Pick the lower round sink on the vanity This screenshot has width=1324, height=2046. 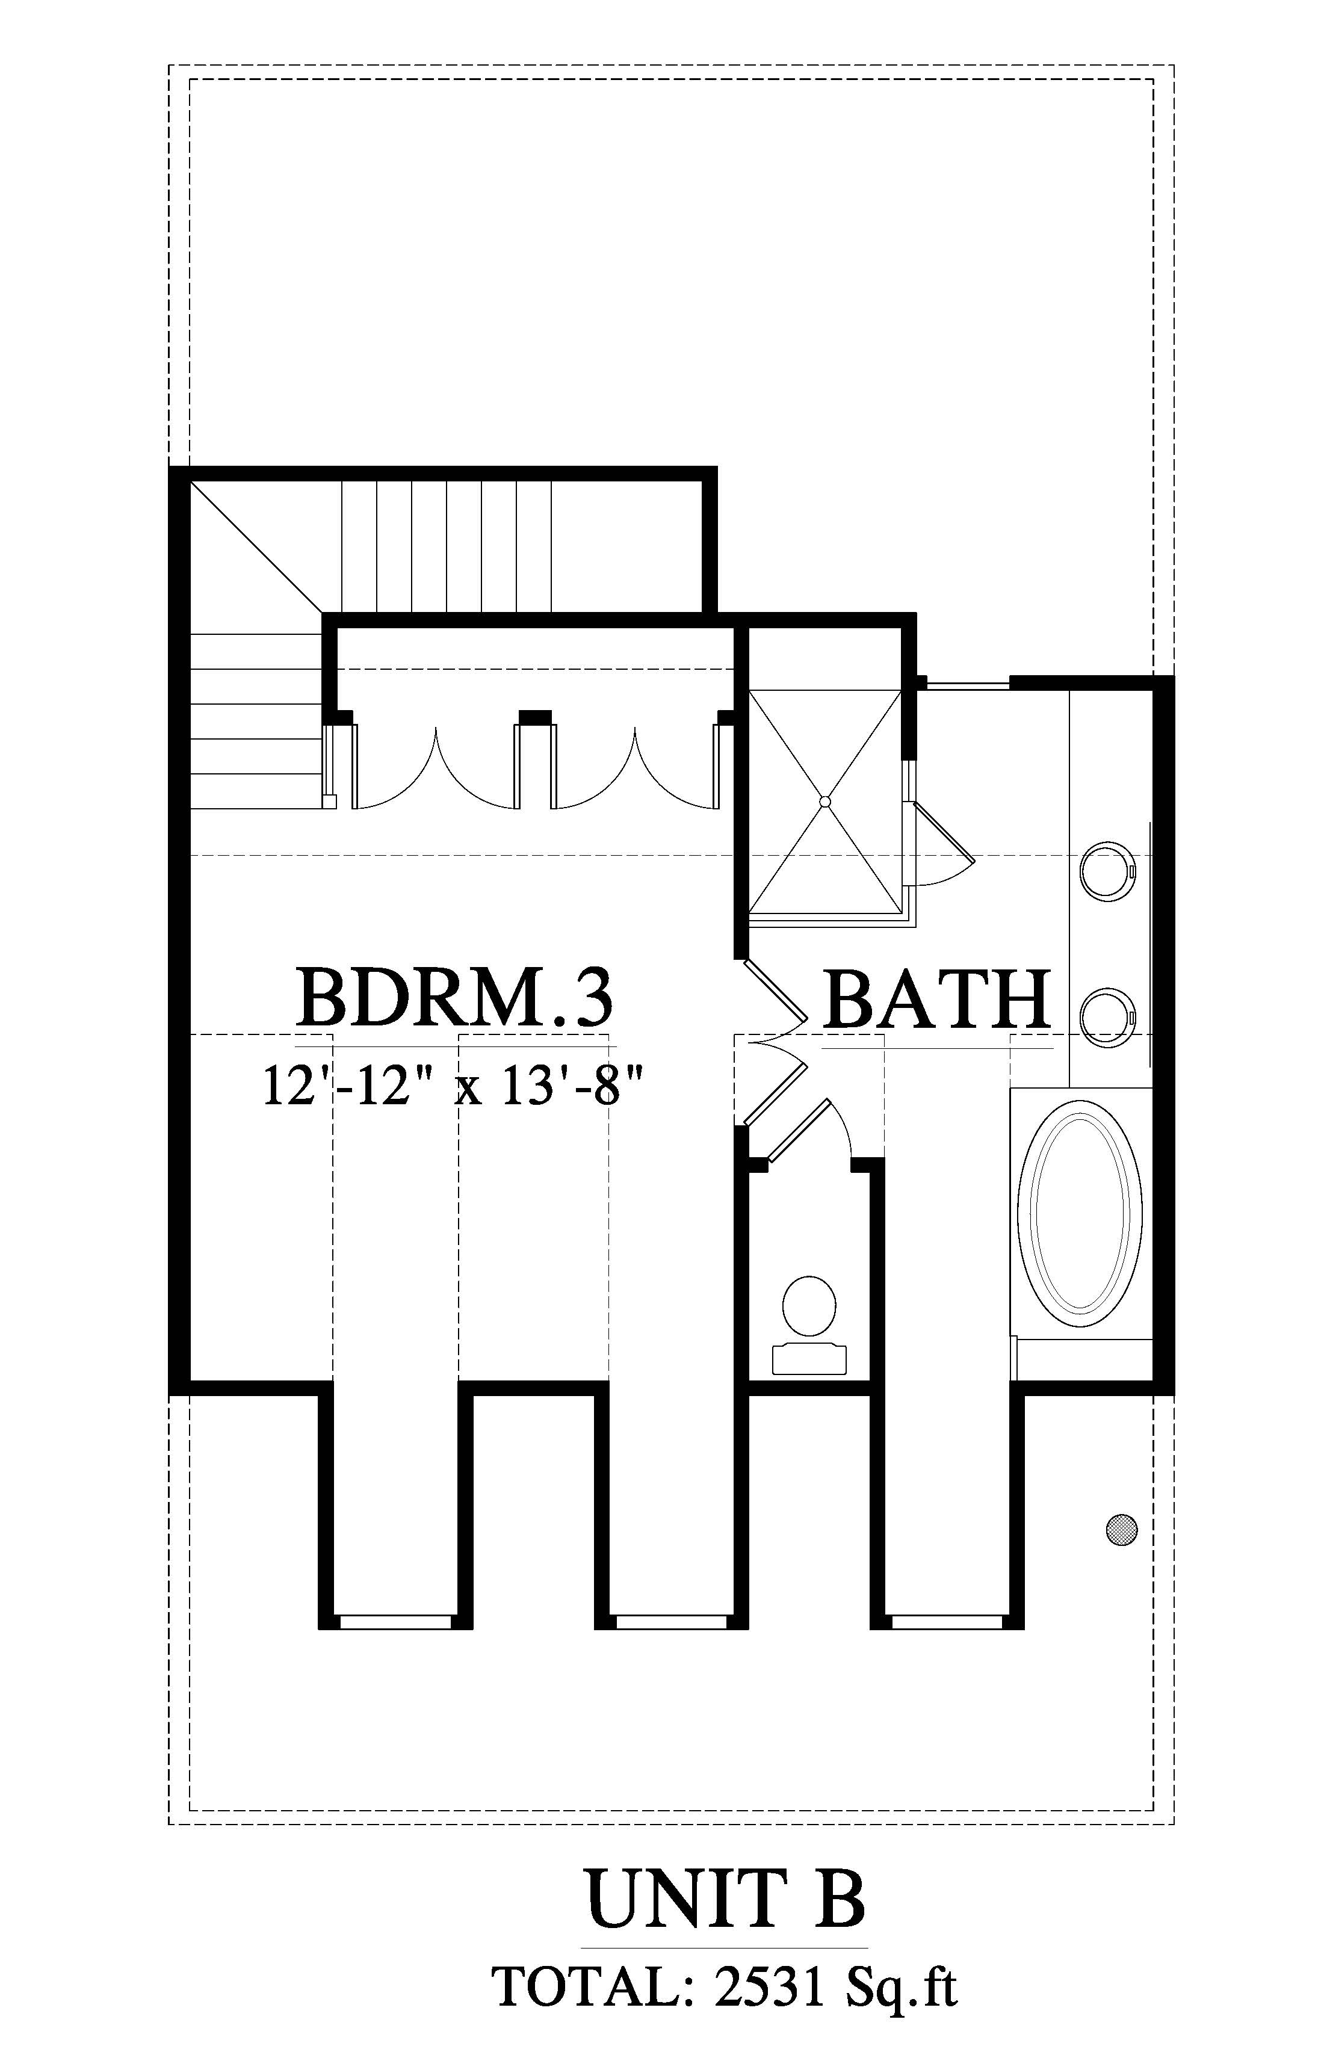[1108, 1018]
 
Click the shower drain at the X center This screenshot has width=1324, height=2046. [825, 801]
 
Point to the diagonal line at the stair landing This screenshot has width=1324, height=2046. [256, 548]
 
